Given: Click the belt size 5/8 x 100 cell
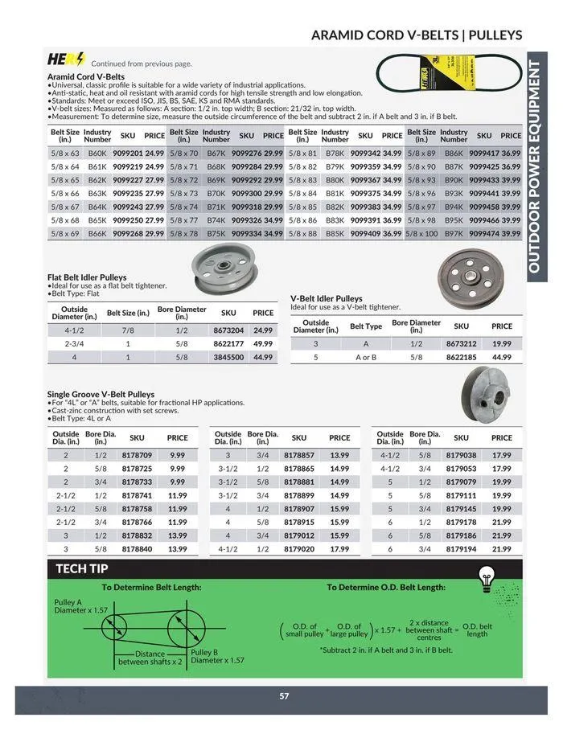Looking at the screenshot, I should [422, 233].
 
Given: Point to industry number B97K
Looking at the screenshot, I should [454, 233].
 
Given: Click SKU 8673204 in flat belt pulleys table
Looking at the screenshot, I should [228, 330].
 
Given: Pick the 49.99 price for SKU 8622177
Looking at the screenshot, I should [263, 343].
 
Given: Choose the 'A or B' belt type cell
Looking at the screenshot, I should [366, 356].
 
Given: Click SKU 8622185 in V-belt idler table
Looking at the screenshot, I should [461, 356].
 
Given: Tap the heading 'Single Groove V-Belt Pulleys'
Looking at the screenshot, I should [101, 395].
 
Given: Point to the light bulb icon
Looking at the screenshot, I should [485, 576].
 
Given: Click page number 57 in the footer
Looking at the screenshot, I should [283, 696].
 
